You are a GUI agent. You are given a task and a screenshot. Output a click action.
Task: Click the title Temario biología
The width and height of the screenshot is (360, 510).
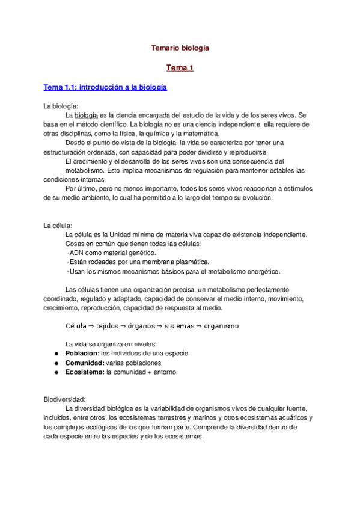[180, 47]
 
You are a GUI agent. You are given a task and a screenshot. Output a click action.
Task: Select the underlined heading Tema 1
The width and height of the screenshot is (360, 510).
[180, 68]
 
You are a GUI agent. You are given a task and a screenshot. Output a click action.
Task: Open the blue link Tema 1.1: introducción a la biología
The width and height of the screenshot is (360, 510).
[105, 87]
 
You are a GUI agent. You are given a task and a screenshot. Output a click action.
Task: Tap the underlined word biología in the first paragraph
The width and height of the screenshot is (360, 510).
[87, 115]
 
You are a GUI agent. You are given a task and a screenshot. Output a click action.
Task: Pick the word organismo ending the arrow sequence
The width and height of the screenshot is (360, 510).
[221, 326]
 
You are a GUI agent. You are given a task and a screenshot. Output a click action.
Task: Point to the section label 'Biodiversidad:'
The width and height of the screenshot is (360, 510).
[65, 399]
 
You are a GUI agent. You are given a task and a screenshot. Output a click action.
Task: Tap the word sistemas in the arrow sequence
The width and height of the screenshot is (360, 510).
[180, 326]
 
